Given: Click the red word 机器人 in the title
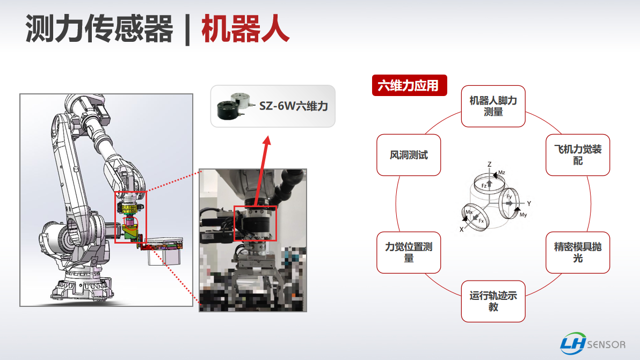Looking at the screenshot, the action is [x=245, y=28].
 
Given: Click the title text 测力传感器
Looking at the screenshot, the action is [x=99, y=28].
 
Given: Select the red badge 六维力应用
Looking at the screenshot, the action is [x=409, y=85].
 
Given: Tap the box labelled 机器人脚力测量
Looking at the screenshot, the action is [x=493, y=106].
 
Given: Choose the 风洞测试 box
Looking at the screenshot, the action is [x=409, y=155].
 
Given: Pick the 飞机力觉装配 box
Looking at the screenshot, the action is [x=578, y=155].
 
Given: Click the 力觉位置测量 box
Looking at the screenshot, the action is [x=409, y=252].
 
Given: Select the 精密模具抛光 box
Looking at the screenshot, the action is [x=578, y=252].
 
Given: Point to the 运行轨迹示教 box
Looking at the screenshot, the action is [x=493, y=302].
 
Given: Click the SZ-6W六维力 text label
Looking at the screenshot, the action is [x=294, y=106].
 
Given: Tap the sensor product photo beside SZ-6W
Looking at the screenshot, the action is [x=234, y=106].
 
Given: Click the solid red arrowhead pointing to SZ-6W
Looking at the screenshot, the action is [x=267, y=141].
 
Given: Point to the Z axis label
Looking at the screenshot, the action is [x=489, y=164].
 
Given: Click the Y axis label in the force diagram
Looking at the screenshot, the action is [x=529, y=203].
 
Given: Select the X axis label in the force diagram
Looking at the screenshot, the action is [x=462, y=230].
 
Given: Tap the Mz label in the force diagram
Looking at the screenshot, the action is [x=501, y=172].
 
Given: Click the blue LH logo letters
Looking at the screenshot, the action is [x=573, y=344].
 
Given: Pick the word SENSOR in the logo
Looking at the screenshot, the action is [x=606, y=345].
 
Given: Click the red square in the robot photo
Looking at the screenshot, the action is [x=255, y=223].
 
